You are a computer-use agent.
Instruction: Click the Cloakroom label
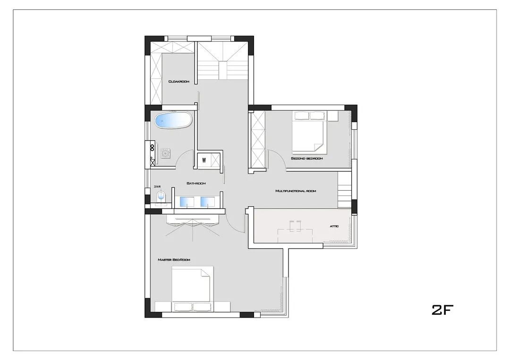pos(178,82)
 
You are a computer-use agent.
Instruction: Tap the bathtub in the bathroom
pos(173,120)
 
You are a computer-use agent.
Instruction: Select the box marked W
pos(204,160)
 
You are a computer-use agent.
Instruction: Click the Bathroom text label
pos(196,183)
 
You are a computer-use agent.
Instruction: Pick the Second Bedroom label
pos(307,159)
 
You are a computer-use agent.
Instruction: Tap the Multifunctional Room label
pos(296,191)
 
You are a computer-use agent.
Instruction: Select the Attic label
pos(334,226)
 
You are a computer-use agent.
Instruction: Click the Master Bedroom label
pos(174,260)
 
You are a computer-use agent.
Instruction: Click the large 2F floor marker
pos(442,310)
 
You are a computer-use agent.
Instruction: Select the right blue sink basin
pos(208,201)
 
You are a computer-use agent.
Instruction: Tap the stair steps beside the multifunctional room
pos(345,189)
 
